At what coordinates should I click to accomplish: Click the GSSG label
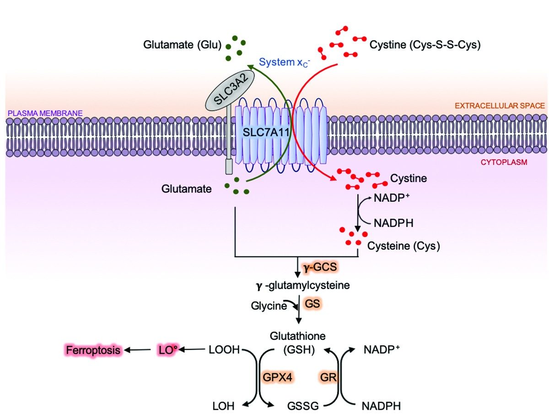(x=302, y=406)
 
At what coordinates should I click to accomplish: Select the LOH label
(x=224, y=406)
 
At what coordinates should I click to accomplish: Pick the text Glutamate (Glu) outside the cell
(x=182, y=45)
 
